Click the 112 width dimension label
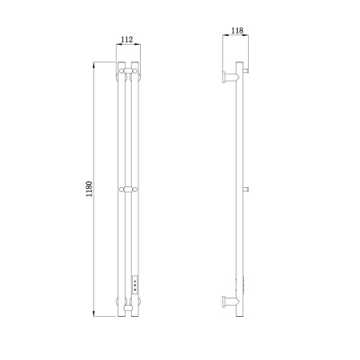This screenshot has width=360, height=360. click(x=127, y=39)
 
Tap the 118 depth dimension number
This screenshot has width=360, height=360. click(x=237, y=30)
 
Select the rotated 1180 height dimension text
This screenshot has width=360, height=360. click(x=89, y=189)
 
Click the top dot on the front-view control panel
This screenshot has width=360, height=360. click(x=135, y=281)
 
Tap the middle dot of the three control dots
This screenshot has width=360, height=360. click(x=135, y=286)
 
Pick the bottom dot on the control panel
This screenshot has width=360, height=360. click(x=135, y=290)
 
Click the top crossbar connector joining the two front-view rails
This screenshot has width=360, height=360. click(x=128, y=71)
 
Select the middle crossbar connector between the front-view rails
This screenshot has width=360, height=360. click(x=128, y=190)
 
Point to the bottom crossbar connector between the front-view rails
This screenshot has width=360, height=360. click(x=128, y=308)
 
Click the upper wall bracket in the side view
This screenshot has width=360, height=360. click(x=231, y=78)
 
